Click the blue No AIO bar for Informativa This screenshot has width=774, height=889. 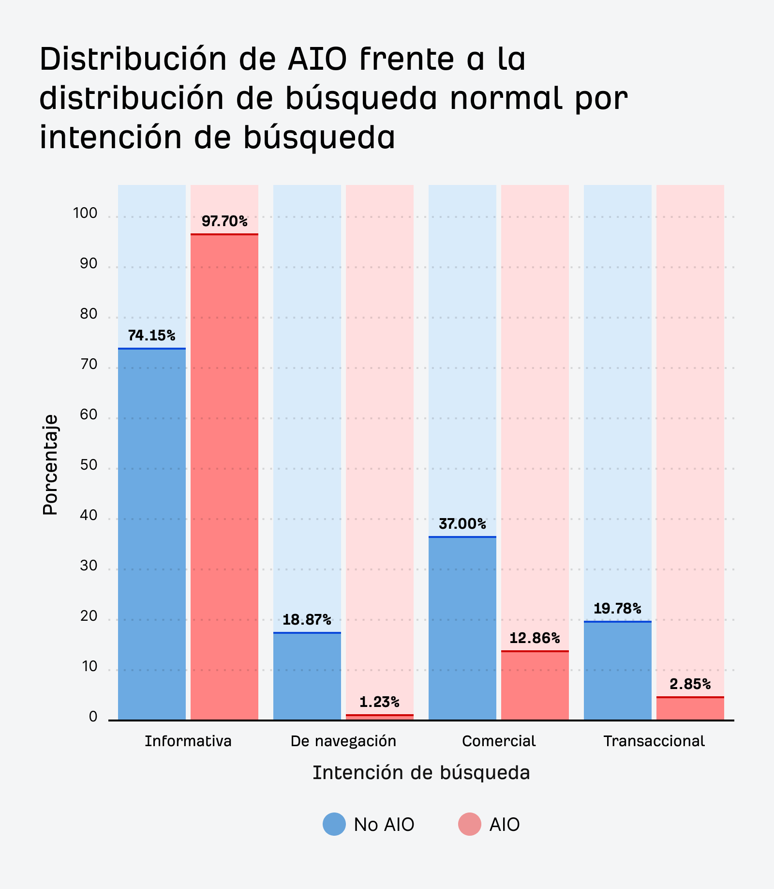tap(151, 533)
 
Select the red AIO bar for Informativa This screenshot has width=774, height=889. tap(224, 477)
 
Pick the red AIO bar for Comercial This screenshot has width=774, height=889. tap(535, 685)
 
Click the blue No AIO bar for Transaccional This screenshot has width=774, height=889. tap(617, 671)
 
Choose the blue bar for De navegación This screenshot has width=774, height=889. tap(307, 676)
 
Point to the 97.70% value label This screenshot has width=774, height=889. tap(224, 222)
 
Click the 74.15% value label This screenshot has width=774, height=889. tap(151, 336)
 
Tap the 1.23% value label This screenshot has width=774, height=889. tap(379, 702)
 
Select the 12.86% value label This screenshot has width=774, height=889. tap(535, 638)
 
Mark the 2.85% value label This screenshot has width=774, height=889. tap(690, 684)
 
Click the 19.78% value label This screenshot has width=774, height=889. tap(617, 609)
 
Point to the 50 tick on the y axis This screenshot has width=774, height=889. tap(89, 465)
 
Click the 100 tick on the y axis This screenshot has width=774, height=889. tap(85, 213)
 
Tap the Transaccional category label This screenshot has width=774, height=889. tap(654, 741)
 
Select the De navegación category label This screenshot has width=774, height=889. tap(343, 741)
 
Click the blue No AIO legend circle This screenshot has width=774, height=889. tap(334, 824)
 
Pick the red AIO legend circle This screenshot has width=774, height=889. tap(469, 824)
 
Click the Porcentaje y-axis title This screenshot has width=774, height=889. tap(50, 465)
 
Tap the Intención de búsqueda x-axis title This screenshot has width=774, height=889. tap(421, 773)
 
